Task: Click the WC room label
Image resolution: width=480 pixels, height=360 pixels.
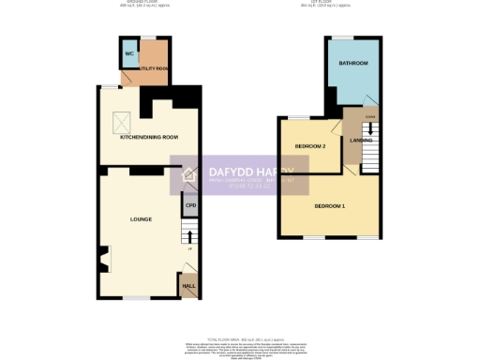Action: coord(129,53)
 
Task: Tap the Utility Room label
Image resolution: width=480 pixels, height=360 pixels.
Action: coord(154,68)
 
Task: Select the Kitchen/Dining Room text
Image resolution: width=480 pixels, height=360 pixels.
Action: coord(149,137)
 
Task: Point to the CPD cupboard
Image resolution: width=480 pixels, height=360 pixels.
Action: coord(190,205)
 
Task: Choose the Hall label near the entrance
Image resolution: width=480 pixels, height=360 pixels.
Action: coord(188,284)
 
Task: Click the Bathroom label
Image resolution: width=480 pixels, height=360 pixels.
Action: coord(353,63)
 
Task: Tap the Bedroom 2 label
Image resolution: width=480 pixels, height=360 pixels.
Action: coord(309,146)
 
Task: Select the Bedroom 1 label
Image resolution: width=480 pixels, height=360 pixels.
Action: coord(329,205)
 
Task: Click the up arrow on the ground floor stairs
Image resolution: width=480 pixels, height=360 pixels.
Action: coord(191,234)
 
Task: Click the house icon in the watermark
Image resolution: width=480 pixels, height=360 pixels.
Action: coord(187,175)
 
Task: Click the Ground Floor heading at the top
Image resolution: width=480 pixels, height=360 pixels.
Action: coord(137,4)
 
